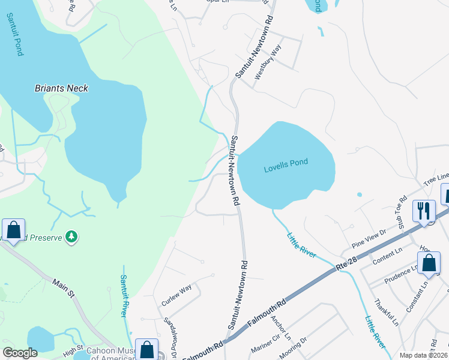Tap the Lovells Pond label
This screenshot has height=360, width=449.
pos(286,169)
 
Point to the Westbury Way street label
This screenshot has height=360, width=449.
pos(268,62)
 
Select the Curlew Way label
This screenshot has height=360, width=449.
pos(176,292)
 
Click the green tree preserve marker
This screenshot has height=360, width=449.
pos(71,236)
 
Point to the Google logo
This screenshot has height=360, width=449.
pos(20,352)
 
